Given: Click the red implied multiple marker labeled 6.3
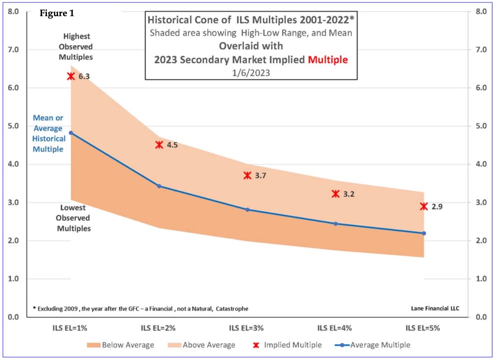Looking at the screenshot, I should (71, 76).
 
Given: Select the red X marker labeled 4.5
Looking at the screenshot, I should (159, 145).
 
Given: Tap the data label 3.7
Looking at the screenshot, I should (261, 176).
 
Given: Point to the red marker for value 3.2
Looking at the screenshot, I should (335, 193).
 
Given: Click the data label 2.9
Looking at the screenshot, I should (437, 206).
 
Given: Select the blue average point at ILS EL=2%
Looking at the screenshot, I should (159, 186).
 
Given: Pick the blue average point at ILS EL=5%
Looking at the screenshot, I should (424, 233).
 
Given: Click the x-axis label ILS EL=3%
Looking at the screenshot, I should (247, 328).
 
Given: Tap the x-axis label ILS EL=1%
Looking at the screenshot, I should (71, 328).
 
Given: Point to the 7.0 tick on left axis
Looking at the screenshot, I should (14, 50).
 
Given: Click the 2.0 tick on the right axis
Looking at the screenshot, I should (481, 241).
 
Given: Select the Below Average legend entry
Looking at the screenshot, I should (120, 345).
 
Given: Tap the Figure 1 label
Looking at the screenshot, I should (57, 13).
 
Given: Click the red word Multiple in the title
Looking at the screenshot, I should (328, 60).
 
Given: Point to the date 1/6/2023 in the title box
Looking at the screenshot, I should (251, 72).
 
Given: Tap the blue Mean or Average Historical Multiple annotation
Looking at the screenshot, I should (48, 134).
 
